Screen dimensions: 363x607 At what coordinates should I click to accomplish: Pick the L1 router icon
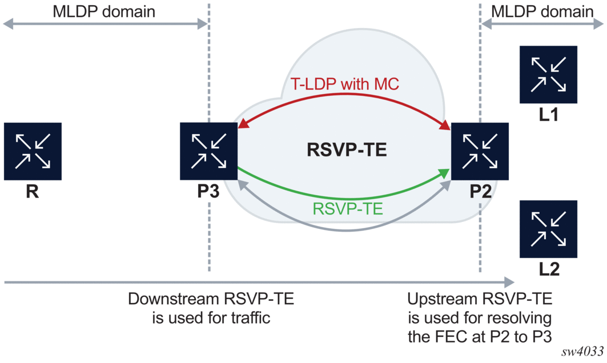[548, 75]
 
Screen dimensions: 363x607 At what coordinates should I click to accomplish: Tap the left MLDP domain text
[103, 11]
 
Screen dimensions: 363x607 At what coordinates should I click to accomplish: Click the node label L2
[548, 270]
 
